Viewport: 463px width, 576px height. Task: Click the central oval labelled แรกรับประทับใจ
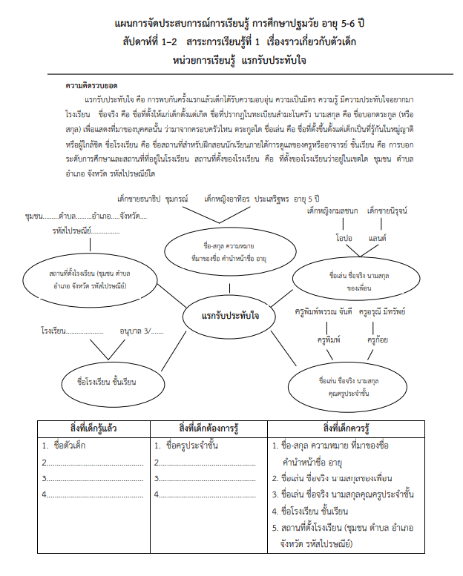click(x=230, y=316)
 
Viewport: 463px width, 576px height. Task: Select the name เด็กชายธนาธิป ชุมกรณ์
click(x=150, y=199)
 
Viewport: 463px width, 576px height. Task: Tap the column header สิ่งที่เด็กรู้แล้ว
click(x=93, y=428)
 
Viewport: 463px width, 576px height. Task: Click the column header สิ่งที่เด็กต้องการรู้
click(x=208, y=428)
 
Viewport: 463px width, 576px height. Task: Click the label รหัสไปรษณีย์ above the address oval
click(x=75, y=230)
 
